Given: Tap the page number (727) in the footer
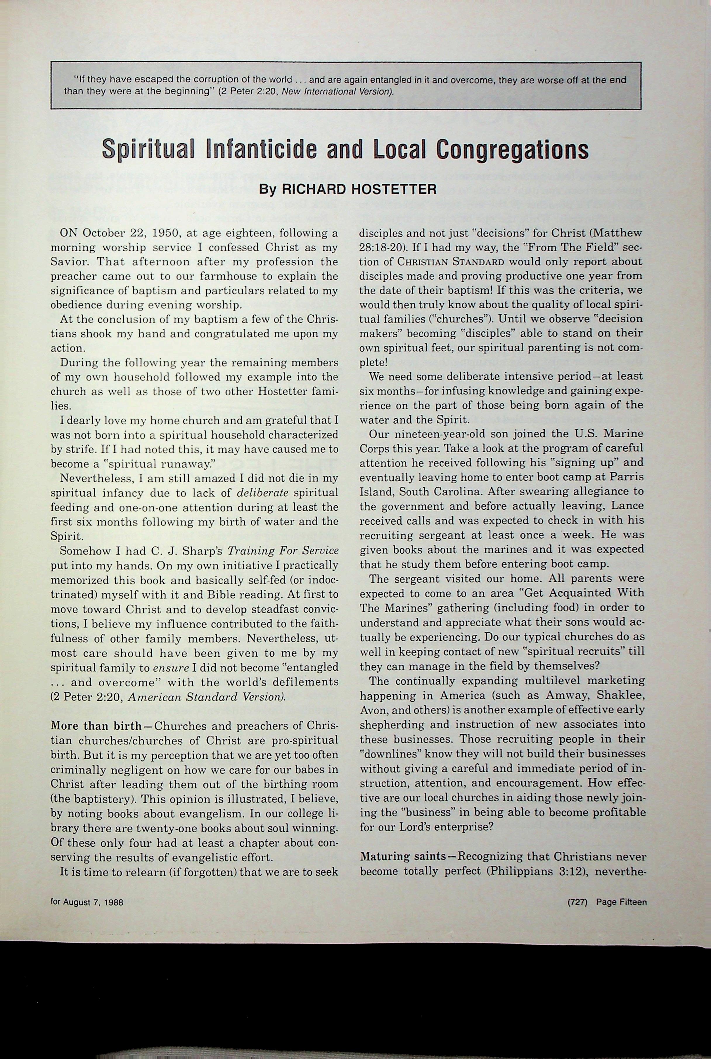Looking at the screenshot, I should [x=577, y=902].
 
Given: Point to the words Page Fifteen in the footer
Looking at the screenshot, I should [x=621, y=902].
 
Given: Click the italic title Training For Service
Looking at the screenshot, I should [x=283, y=551].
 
